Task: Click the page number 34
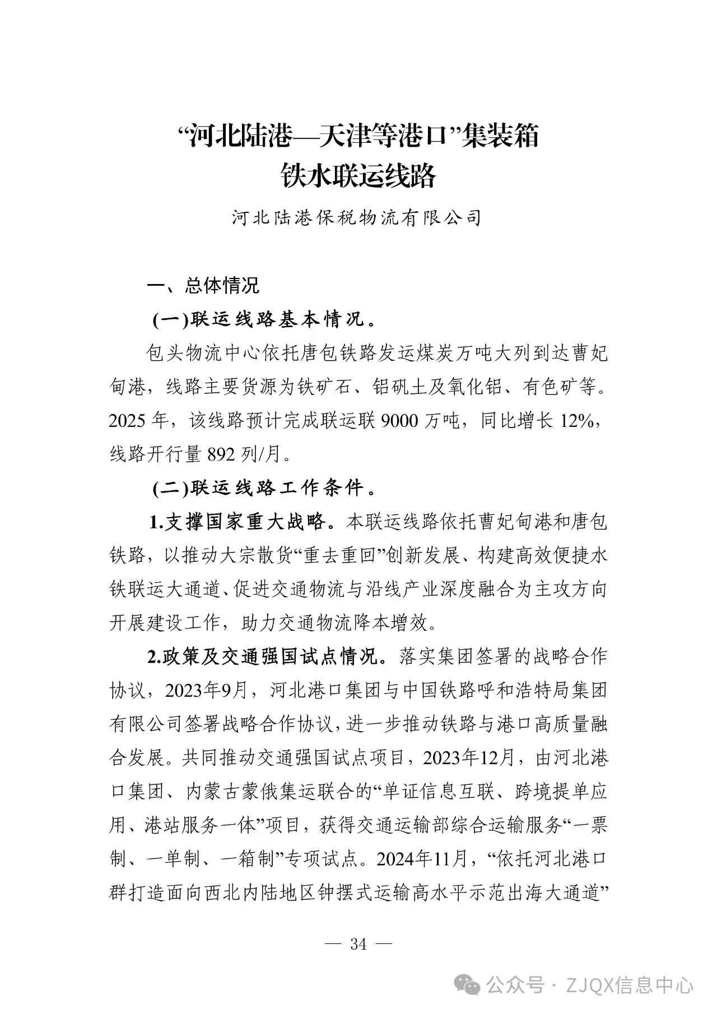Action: pyautogui.click(x=358, y=945)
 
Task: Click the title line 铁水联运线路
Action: pyautogui.click(x=358, y=175)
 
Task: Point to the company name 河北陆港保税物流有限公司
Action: pyautogui.click(x=357, y=218)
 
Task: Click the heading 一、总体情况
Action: pyautogui.click(x=203, y=286)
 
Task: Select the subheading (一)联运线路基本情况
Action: pyautogui.click(x=263, y=320)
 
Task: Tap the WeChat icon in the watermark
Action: pyautogui.click(x=468, y=985)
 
